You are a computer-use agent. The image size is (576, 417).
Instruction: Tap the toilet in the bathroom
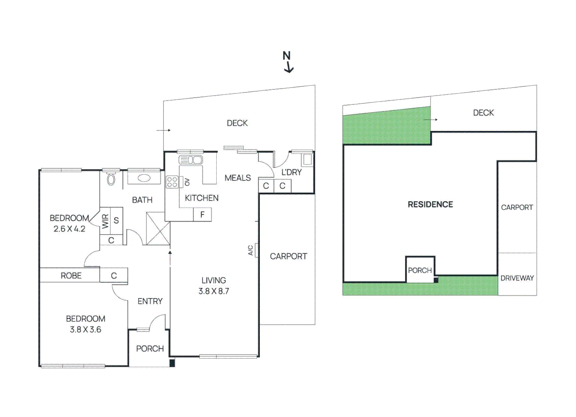coord(111,179)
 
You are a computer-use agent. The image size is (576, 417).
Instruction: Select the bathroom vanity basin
coord(144,178)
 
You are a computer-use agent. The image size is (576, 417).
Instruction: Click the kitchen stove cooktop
coord(172,182)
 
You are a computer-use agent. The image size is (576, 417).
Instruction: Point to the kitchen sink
coord(190,160)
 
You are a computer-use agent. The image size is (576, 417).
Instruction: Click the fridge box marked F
coord(202,215)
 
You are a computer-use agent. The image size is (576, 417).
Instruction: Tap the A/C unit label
coord(251,250)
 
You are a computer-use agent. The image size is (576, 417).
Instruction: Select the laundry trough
coord(307,159)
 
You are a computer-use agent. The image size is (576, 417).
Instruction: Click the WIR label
coord(105,221)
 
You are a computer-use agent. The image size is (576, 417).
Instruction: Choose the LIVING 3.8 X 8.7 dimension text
coord(214,291)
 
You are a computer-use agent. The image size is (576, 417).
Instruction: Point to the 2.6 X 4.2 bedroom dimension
coord(69,229)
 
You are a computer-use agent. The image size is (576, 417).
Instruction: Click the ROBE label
coord(71,276)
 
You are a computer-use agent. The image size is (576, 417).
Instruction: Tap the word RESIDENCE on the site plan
coord(430,204)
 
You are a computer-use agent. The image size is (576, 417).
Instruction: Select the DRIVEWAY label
coord(517,278)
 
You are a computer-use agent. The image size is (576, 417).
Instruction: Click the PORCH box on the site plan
coord(420,270)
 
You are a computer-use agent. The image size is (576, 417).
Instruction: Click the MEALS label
coord(237,178)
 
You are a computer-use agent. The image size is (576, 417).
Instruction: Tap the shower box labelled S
coord(116,221)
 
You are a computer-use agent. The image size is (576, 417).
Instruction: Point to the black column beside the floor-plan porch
coord(172,363)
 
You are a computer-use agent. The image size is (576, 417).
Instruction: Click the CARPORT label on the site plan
coord(517,207)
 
